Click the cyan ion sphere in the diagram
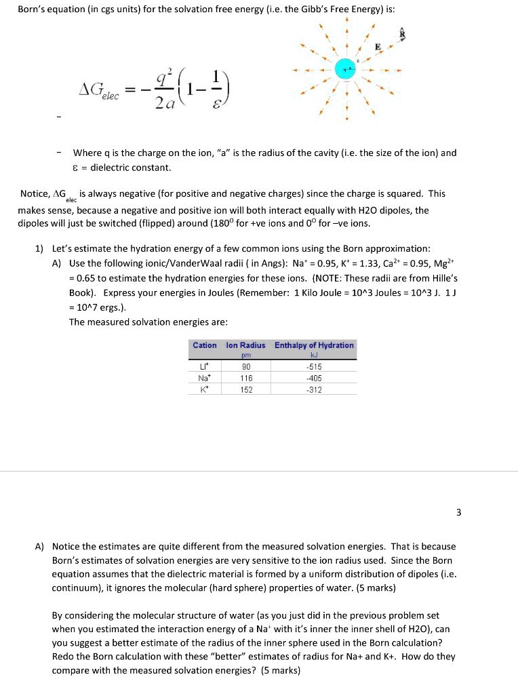tap(346, 69)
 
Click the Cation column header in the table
tap(205, 345)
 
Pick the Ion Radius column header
tap(245, 345)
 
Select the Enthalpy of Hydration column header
tap(314, 345)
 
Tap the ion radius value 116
tap(245, 378)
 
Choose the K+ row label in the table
tap(205, 389)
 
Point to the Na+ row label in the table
tap(205, 378)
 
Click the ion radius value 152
tap(245, 389)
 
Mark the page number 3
tap(458, 512)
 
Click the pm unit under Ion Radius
tap(245, 355)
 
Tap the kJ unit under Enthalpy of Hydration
tap(313, 355)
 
